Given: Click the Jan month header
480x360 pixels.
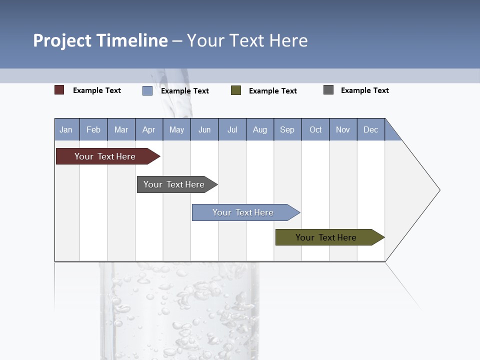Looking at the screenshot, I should pyautogui.click(x=66, y=129).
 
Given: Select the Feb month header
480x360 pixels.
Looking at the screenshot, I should pyautogui.click(x=93, y=129).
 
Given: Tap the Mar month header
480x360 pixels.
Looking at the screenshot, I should pyautogui.click(x=121, y=129).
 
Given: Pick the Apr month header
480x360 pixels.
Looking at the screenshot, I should pyautogui.click(x=149, y=129).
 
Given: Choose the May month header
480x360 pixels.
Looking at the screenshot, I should pyautogui.click(x=176, y=129).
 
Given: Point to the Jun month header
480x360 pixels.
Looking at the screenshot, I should pyautogui.click(x=204, y=129).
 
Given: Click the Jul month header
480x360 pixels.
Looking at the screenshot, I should pyautogui.click(x=232, y=129).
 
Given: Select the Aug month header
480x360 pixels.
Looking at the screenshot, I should pyautogui.click(x=260, y=129).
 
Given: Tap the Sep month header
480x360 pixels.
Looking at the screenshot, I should pyautogui.click(x=287, y=129).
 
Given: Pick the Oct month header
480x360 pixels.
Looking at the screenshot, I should pyautogui.click(x=315, y=129).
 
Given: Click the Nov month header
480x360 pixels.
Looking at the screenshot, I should pyautogui.click(x=343, y=129).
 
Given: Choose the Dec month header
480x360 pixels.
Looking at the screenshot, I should pyautogui.click(x=371, y=129).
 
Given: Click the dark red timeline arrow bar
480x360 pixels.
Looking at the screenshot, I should pyautogui.click(x=105, y=156).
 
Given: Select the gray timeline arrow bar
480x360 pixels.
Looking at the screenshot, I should pyautogui.click(x=174, y=184).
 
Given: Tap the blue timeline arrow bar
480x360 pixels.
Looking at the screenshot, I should pyautogui.click(x=243, y=212).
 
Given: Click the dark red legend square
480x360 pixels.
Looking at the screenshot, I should pyautogui.click(x=59, y=90).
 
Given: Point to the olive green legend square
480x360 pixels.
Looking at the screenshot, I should pyautogui.click(x=236, y=90).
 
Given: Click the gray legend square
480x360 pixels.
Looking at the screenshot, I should pyautogui.click(x=328, y=90).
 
